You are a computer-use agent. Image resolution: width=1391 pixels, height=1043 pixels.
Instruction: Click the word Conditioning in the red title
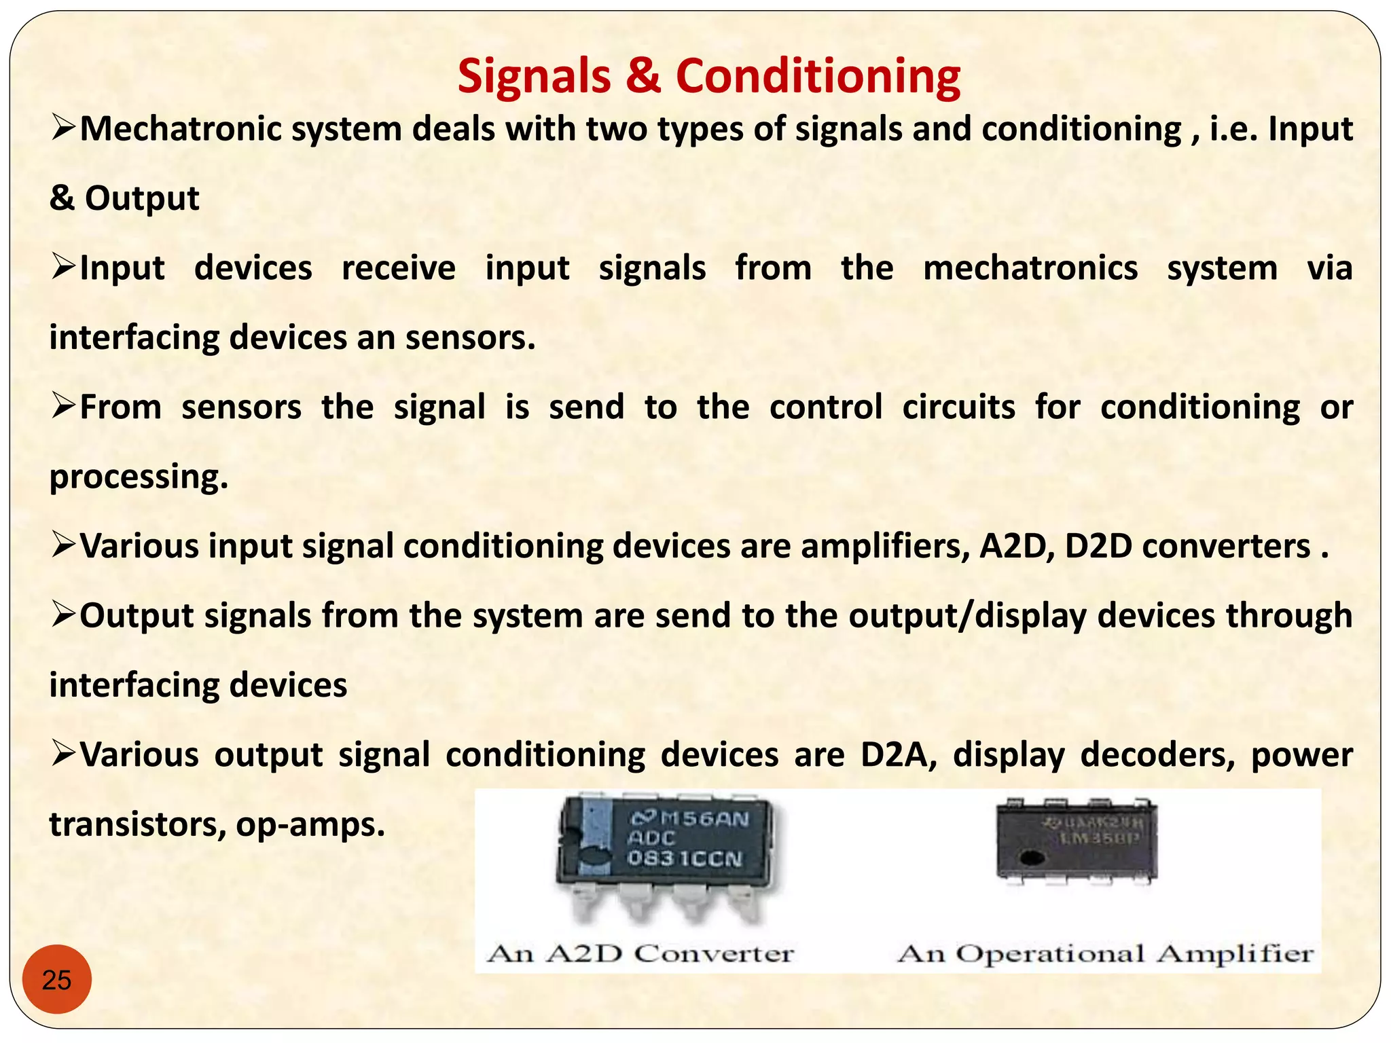pos(818,76)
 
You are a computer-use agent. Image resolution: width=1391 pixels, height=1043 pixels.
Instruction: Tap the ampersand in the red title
pos(643,76)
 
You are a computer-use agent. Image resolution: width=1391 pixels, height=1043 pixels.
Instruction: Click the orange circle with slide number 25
pos(57,979)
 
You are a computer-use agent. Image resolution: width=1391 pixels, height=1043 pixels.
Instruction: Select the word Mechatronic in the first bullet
pos(179,129)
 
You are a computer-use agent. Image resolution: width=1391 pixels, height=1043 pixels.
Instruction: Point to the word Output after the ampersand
pos(142,198)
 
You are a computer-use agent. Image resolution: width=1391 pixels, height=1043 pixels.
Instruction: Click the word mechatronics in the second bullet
pos(1030,268)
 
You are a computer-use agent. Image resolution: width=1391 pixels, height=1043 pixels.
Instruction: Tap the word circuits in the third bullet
pos(958,407)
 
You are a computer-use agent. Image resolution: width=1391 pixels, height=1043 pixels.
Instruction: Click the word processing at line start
pos(139,477)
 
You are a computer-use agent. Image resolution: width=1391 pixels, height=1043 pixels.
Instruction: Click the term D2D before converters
pos(1098,547)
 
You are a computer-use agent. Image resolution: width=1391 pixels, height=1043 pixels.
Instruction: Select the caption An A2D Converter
pos(640,953)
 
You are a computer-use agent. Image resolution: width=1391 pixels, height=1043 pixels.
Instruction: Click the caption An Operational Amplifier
pos(1105,953)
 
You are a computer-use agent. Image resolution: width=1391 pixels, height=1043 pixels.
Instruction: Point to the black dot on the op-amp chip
pos(1032,858)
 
